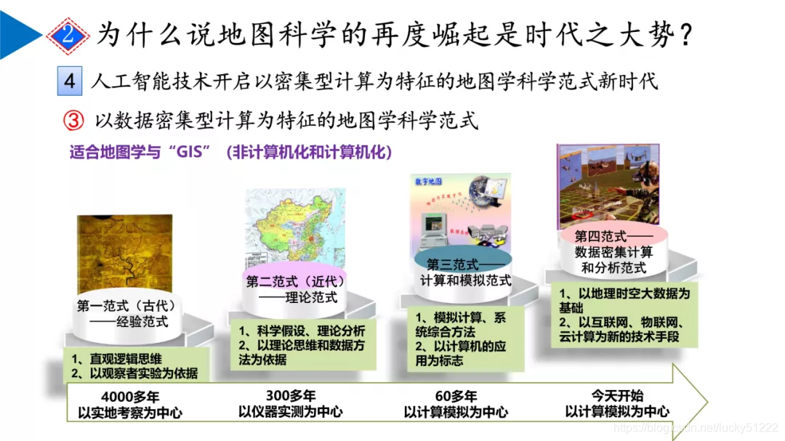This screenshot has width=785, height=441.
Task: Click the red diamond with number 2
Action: pos(68,33)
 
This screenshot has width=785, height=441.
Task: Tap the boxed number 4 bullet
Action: pos(70,81)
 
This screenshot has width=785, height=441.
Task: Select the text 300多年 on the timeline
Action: pos(291,396)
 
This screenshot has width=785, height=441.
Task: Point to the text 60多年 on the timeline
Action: pos(456,396)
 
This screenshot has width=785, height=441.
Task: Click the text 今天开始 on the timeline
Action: pos(617,396)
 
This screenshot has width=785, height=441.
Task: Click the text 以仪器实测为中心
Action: pos(291,412)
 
